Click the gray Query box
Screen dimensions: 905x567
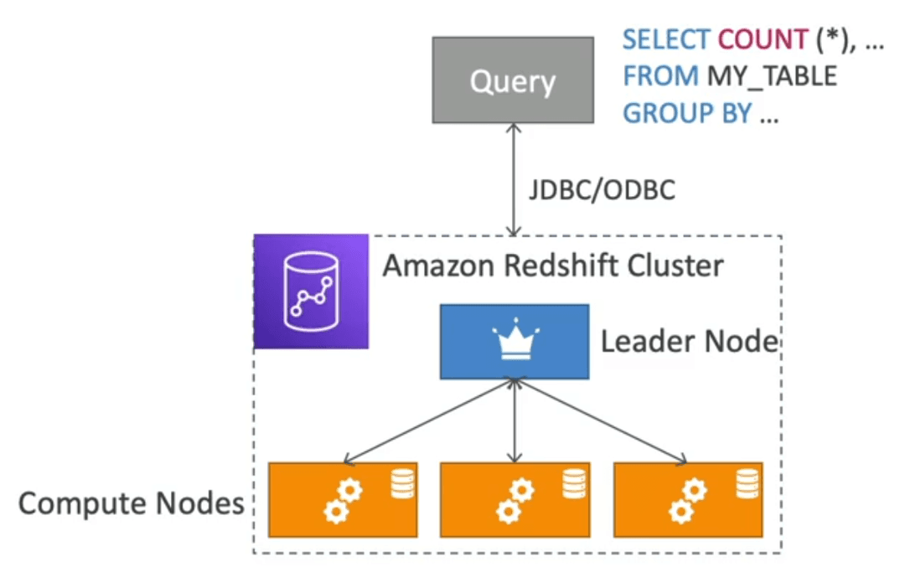[x=513, y=80]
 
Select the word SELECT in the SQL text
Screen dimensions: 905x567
[x=667, y=40]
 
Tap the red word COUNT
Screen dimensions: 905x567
[x=763, y=40]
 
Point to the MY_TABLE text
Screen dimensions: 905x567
[x=772, y=77]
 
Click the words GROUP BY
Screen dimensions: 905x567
[x=687, y=113]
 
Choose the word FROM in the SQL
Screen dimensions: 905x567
[x=661, y=76]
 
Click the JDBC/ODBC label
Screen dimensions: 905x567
[x=602, y=190]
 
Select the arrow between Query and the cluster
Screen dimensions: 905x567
[x=514, y=179]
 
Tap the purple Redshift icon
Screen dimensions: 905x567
[x=311, y=291]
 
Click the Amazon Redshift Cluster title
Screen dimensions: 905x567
[x=553, y=265]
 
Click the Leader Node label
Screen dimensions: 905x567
[x=690, y=341]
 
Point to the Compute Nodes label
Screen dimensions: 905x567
[x=132, y=503]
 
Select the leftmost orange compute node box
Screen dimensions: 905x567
[x=343, y=499]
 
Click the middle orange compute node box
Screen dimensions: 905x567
[x=515, y=499]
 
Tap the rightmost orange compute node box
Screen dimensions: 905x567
[x=688, y=499]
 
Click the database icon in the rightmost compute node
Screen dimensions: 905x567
[x=747, y=483]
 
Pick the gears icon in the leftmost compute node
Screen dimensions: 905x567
[x=343, y=501]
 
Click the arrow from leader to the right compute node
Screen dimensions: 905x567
[x=600, y=420]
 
